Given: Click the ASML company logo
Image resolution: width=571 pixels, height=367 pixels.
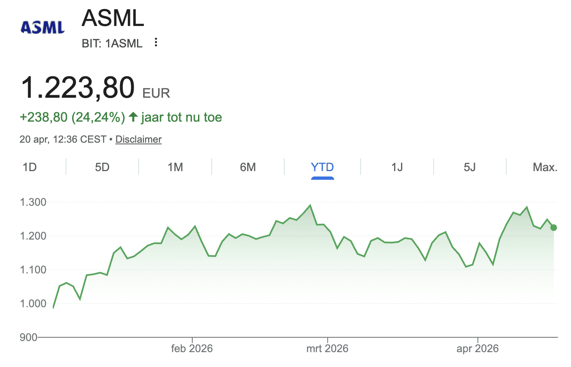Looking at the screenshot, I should pos(43,27).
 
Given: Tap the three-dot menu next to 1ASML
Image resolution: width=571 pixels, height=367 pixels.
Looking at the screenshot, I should pos(156,42).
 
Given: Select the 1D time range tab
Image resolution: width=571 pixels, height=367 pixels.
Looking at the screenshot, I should pos(30,167).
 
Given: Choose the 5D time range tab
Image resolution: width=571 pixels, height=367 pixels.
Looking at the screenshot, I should pos(102,167).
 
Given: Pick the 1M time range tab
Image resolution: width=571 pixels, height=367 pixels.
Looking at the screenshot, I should pos(175,167).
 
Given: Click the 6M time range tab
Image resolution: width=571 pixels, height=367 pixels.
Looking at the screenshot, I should pos(248,167).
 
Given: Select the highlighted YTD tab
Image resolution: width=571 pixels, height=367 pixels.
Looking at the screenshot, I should pos(322,167).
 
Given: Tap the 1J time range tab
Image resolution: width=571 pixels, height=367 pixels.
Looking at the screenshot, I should pos(397,167).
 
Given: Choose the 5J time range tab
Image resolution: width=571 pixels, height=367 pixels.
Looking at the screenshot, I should pos(470,167).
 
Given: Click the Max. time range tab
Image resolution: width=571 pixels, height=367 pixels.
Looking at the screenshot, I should pos(545,167).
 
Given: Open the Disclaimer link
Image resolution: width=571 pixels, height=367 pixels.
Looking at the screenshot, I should pos(138,139).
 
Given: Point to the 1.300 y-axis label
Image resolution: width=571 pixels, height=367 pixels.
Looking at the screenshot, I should pos(33,202).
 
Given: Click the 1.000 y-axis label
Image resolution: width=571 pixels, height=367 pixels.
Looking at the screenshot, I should pos(33,303).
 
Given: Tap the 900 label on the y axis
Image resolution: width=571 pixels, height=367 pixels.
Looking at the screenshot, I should pos(28,337).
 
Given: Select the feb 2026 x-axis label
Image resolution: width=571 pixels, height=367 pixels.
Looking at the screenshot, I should pos(192,348).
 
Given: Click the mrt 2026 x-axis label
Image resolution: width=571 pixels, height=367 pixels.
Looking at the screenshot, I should pos(327,348).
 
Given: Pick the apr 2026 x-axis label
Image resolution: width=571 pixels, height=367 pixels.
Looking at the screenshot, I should pos(477,348).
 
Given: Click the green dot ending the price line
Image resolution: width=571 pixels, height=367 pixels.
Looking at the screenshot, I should pos(554,228).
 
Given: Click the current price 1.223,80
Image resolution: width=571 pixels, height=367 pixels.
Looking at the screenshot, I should pos(78,88).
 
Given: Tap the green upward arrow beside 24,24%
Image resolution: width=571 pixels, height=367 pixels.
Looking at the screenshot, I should pos(133,117).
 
